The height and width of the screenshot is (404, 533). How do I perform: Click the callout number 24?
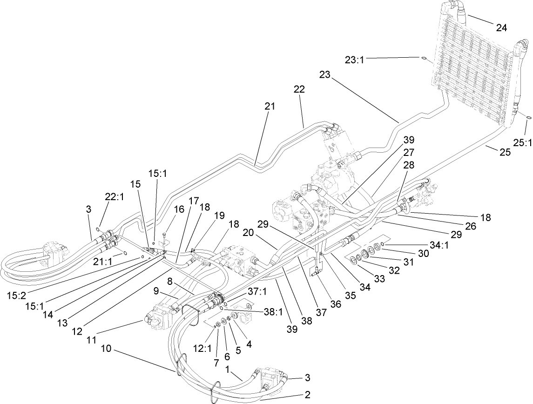pos(501,27)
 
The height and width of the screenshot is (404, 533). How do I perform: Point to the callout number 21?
pos(270,107)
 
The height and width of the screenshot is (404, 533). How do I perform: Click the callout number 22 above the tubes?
pos(299,89)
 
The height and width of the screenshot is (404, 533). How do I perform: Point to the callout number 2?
pos(307,395)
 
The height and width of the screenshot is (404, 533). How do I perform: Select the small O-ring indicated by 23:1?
pos(425,58)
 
